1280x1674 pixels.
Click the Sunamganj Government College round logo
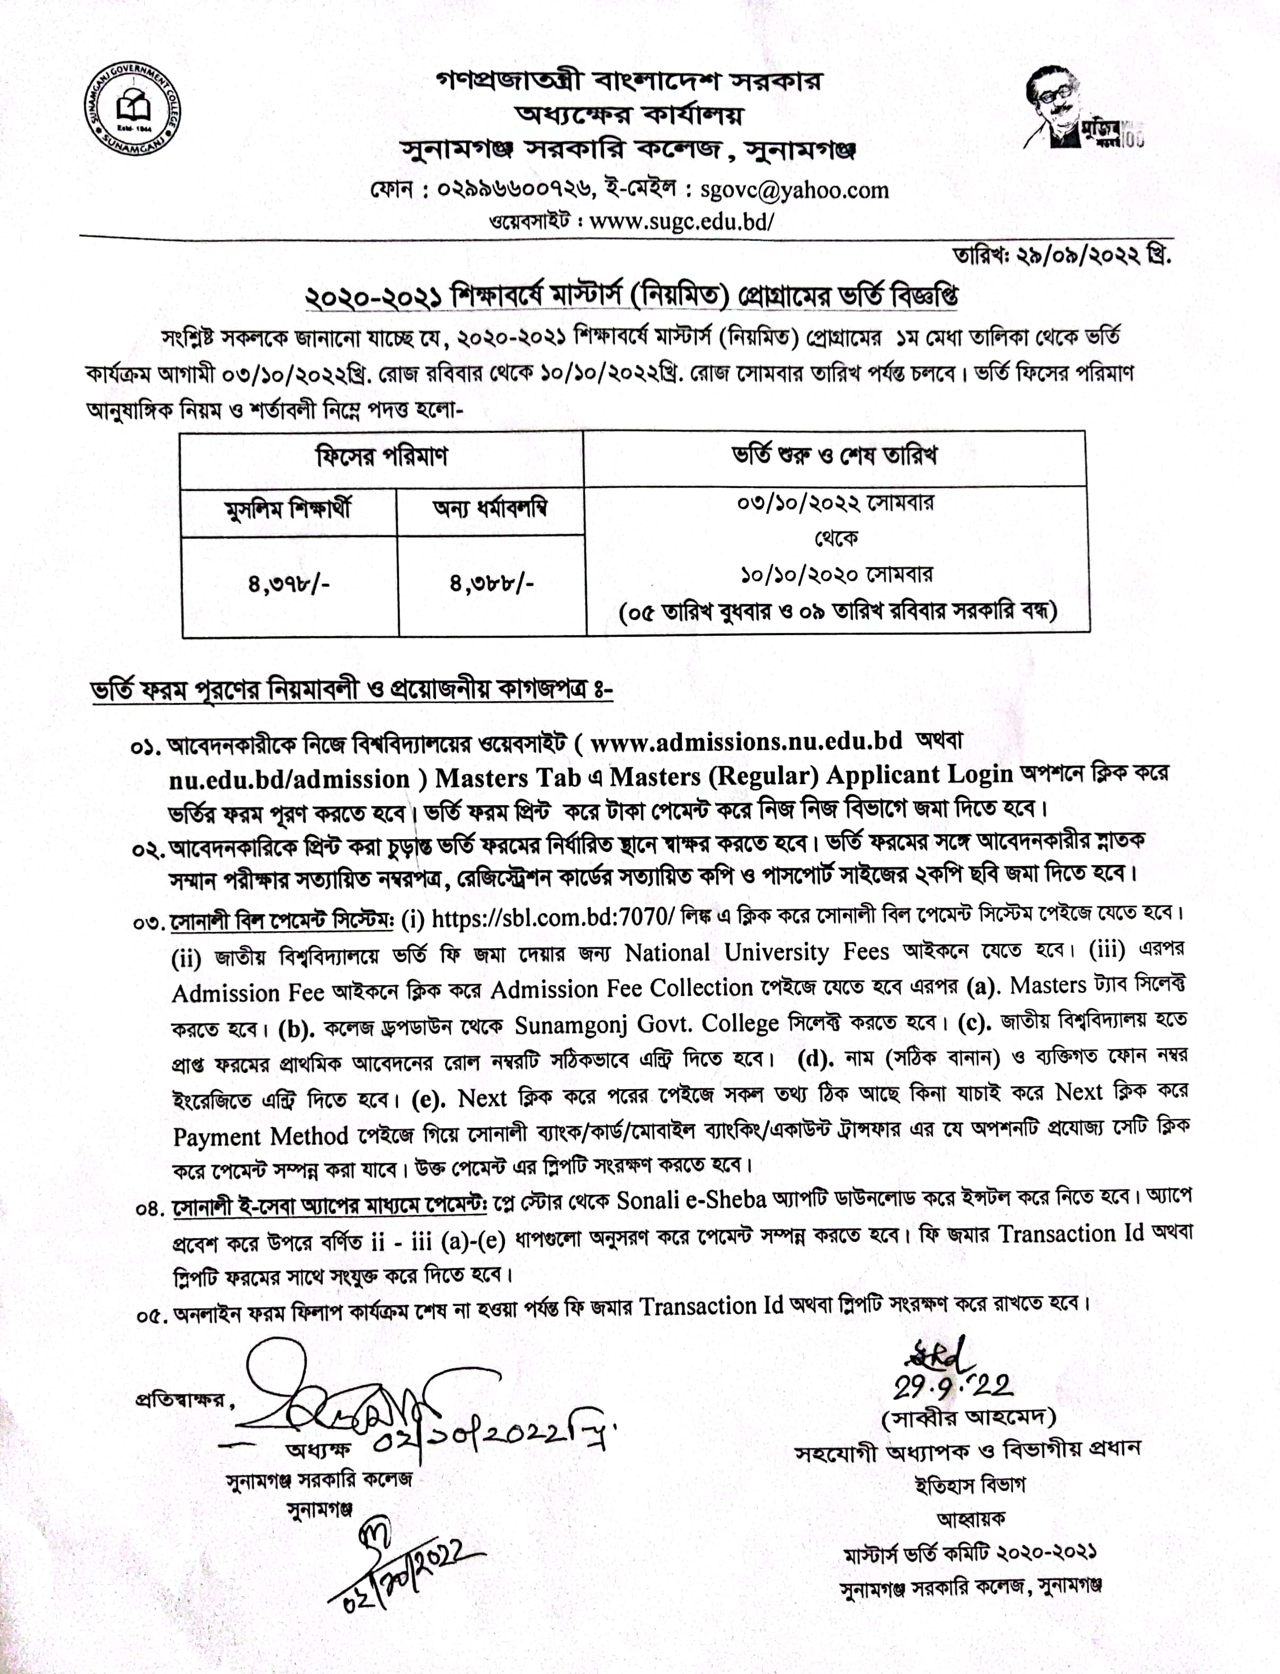click(x=132, y=108)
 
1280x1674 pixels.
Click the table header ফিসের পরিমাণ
click(x=381, y=457)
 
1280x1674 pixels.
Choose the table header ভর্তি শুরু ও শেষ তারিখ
click(x=834, y=456)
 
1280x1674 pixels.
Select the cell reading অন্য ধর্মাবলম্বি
click(x=490, y=508)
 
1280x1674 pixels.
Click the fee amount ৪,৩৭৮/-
click(x=289, y=585)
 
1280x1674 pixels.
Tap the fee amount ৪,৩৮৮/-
click(x=492, y=584)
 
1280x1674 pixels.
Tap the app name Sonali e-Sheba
click(x=691, y=1199)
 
